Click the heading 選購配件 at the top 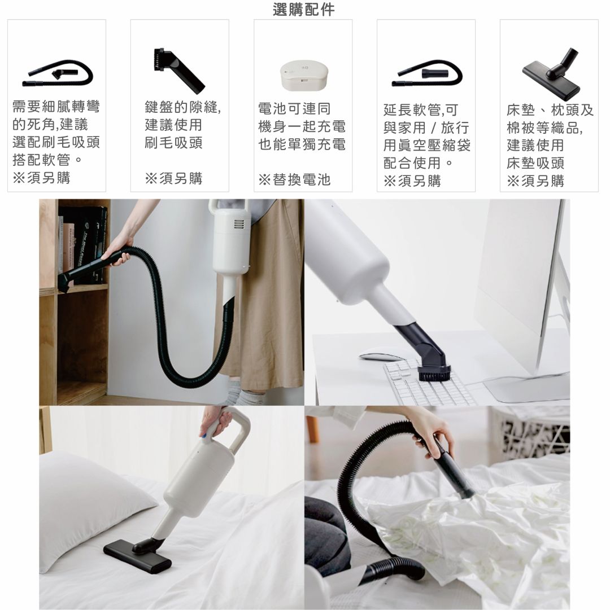[304, 10]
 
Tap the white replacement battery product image [304, 74]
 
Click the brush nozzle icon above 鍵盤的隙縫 [178, 70]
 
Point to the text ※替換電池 [294, 180]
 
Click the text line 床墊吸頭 [535, 163]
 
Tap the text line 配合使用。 [419, 163]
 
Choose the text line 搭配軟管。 [47, 160]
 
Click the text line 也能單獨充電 [302, 144]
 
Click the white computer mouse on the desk [381, 356]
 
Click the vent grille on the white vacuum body [239, 225]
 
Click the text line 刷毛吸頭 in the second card [173, 143]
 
